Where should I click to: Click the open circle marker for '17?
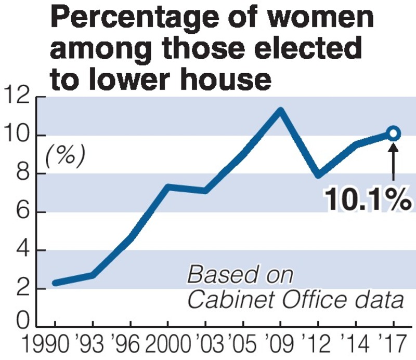click(x=393, y=134)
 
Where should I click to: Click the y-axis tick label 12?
click(x=18, y=97)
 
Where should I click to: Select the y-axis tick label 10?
click(x=18, y=136)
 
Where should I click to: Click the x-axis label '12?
click(x=318, y=345)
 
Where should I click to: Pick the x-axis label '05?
click(x=242, y=345)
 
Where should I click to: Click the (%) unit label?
click(x=64, y=155)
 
